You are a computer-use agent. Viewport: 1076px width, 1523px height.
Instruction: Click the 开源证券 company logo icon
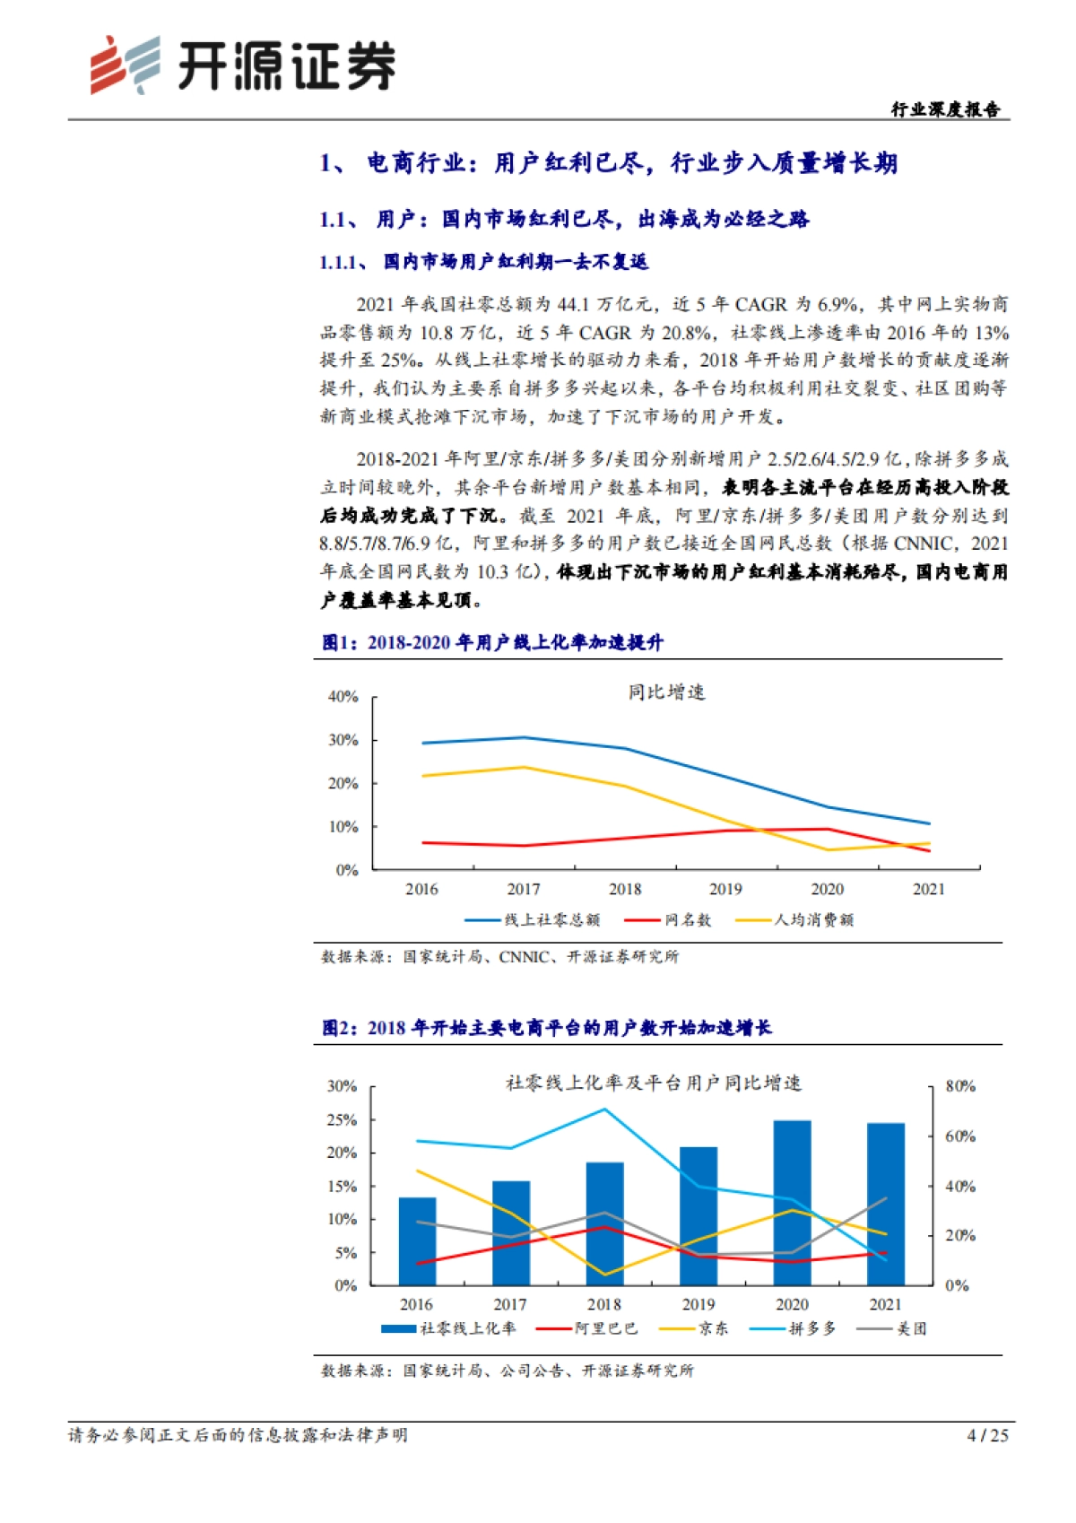(x=125, y=65)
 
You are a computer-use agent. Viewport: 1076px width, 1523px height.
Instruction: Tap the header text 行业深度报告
(x=945, y=109)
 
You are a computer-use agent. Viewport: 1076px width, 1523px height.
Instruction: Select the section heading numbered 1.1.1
(x=484, y=262)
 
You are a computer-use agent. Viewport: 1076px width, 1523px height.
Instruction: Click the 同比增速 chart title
(x=666, y=692)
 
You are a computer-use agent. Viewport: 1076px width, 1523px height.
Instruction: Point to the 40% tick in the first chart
(x=343, y=697)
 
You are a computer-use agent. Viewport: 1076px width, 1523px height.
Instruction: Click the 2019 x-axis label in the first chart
(x=725, y=890)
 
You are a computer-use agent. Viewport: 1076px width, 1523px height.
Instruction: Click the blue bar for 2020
(x=792, y=1202)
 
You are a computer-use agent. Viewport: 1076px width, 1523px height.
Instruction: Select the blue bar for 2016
(x=417, y=1241)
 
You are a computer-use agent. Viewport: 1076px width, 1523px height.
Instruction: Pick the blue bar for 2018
(x=604, y=1223)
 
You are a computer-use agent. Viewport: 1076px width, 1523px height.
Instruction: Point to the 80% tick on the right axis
(x=960, y=1086)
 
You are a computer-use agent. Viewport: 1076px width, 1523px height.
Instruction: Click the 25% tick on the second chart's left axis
(x=342, y=1120)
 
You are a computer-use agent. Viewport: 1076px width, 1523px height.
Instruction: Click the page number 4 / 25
(x=987, y=1436)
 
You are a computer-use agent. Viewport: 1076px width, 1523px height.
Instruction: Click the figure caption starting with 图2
(x=547, y=1028)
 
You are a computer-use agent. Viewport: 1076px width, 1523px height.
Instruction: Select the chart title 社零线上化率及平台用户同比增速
(x=654, y=1084)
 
